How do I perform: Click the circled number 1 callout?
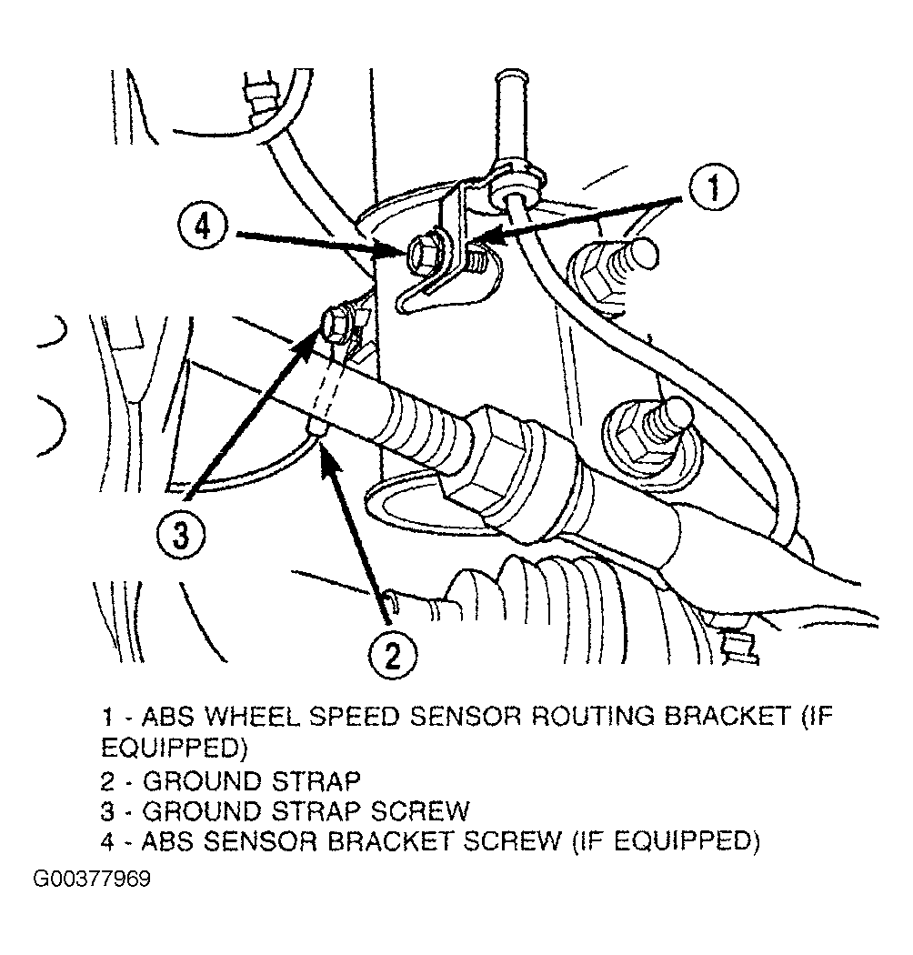[713, 187]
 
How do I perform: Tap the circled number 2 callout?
[392, 656]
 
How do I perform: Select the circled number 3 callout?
[181, 536]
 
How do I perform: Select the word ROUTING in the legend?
[593, 717]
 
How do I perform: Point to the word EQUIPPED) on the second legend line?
[175, 748]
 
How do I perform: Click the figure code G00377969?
[92, 879]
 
